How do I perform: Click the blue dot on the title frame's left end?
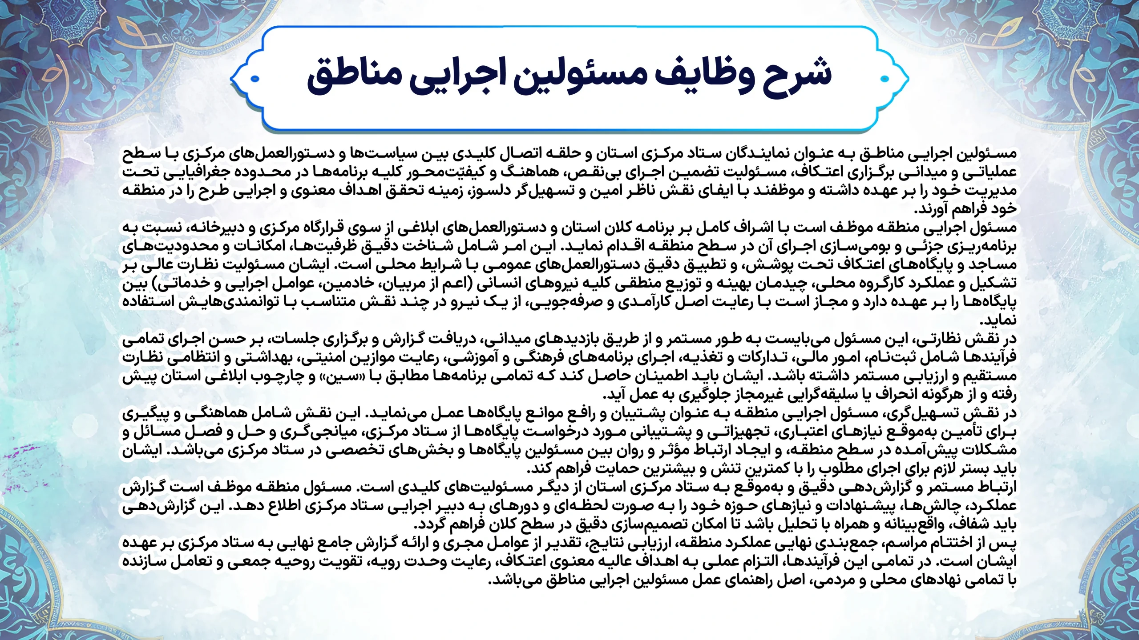tap(255, 79)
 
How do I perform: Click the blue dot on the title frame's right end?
tap(885, 79)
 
